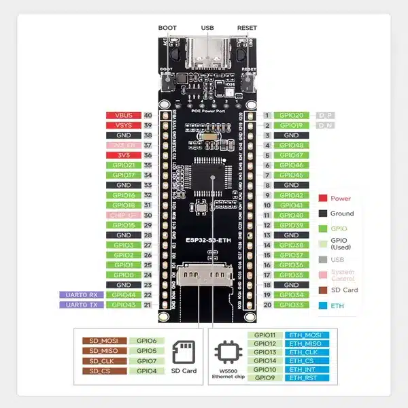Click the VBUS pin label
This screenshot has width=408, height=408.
123,116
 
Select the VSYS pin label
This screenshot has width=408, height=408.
123,126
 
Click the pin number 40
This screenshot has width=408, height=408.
148,116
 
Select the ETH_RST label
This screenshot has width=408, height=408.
308,377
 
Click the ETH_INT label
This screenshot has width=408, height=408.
308,369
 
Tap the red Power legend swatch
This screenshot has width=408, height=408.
323,199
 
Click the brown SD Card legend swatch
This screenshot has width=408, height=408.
323,290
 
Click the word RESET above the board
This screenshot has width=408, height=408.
247,27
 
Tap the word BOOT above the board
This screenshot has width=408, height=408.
167,27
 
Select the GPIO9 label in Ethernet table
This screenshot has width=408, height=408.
265,377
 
